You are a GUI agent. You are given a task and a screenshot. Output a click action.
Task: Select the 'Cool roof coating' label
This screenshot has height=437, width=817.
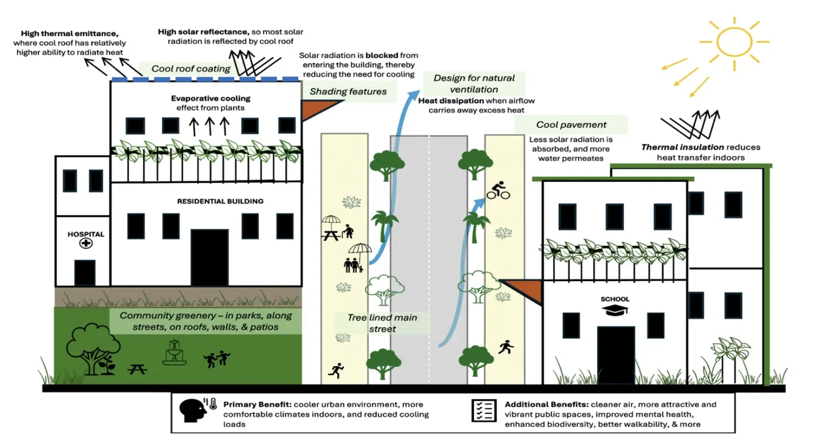[190, 69]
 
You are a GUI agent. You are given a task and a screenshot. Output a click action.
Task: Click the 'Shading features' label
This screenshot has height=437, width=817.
[348, 92]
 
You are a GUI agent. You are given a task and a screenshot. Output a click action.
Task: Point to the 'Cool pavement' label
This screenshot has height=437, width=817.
[571, 125]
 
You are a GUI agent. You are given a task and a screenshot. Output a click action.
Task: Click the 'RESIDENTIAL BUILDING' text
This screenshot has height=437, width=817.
[220, 201]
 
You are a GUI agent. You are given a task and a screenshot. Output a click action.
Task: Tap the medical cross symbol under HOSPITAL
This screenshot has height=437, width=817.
[86, 243]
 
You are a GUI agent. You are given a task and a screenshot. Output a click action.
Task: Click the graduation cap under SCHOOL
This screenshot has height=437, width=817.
[615, 310]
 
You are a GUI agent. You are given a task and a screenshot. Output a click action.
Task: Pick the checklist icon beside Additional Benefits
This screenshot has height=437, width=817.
[484, 411]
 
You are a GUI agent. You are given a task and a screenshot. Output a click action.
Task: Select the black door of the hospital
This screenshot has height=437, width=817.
[85, 272]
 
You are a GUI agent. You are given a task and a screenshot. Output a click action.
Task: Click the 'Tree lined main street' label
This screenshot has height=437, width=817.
[382, 323]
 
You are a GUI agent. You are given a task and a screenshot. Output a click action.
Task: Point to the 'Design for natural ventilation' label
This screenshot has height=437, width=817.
[474, 84]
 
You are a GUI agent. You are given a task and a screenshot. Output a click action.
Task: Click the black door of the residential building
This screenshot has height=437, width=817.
[209, 258]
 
